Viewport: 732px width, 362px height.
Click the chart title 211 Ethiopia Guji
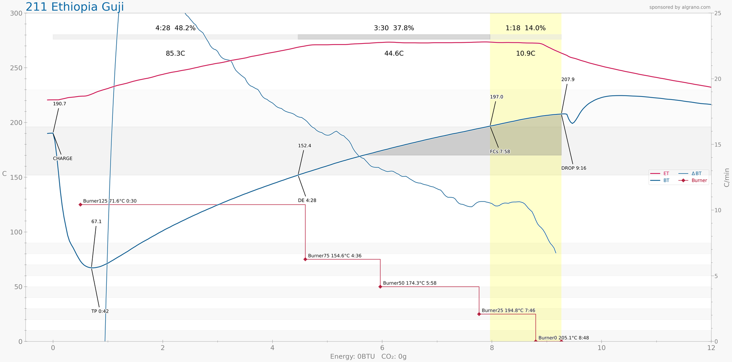[75, 7]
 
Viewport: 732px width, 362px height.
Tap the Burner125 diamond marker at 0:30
[80, 205]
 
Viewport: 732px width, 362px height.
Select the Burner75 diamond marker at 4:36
[305, 259]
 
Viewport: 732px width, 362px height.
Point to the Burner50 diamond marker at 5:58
[380, 286]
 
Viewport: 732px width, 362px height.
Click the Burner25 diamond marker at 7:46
[479, 314]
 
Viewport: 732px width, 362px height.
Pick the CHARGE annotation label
[63, 159]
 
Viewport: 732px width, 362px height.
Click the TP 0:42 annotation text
[100, 311]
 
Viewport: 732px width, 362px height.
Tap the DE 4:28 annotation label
[307, 201]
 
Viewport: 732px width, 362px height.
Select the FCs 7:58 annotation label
[500, 152]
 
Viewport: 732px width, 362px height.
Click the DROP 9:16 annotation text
[573, 168]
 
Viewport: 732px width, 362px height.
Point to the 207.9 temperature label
[568, 80]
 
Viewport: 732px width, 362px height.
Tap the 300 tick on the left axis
[16, 13]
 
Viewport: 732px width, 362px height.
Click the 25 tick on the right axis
[718, 13]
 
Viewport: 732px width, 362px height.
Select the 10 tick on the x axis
[601, 348]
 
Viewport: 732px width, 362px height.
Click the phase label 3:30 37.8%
[394, 28]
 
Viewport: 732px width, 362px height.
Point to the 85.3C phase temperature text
[175, 53]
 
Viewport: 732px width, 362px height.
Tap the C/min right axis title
[726, 177]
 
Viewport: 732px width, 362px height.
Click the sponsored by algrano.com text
[680, 7]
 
